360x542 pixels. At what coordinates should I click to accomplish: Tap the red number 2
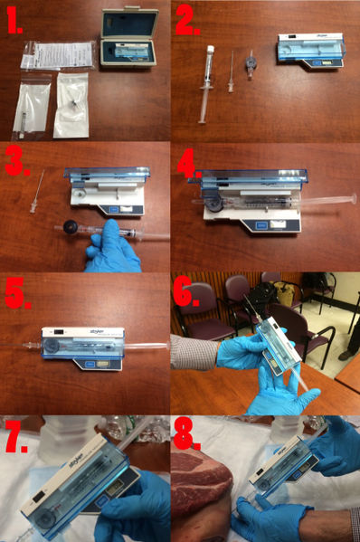(x=188, y=23)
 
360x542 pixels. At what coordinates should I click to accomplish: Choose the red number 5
(x=16, y=294)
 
